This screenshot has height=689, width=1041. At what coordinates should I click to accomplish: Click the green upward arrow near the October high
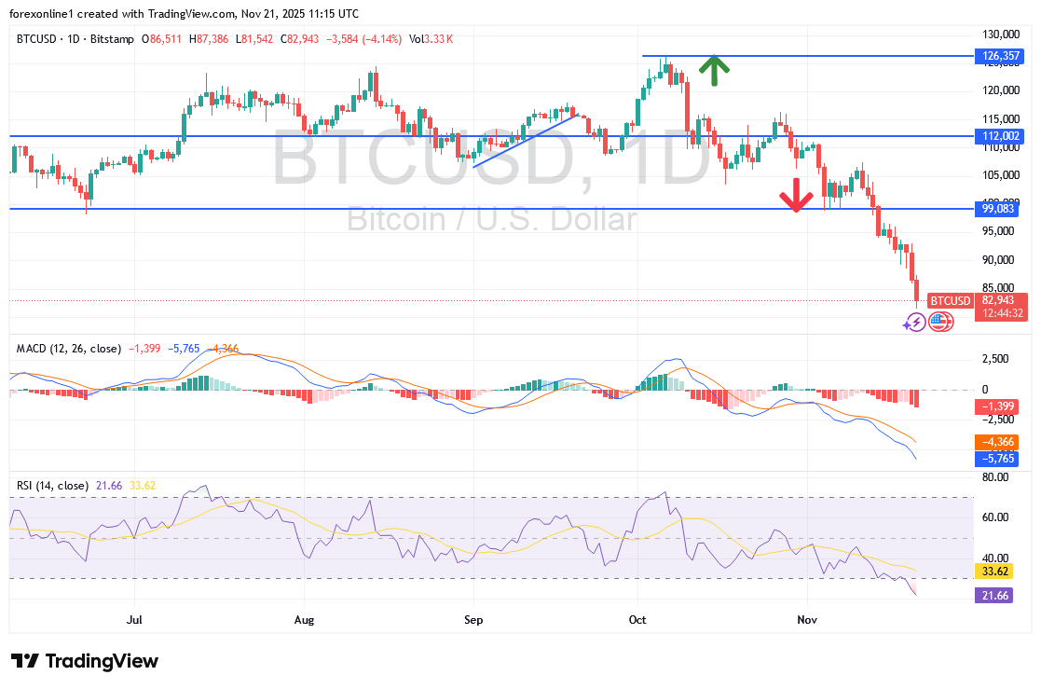714,71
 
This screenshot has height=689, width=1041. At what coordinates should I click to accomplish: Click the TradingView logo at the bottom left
85,661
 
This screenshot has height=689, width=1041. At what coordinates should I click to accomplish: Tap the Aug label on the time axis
305,617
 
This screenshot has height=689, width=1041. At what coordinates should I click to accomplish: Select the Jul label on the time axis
134,617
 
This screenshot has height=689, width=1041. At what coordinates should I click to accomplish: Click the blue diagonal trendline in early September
525,140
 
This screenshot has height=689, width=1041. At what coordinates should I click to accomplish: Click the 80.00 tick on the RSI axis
995,477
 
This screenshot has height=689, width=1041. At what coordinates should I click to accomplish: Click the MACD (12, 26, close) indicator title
68,349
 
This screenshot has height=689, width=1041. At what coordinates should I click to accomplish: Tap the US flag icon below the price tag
940,322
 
